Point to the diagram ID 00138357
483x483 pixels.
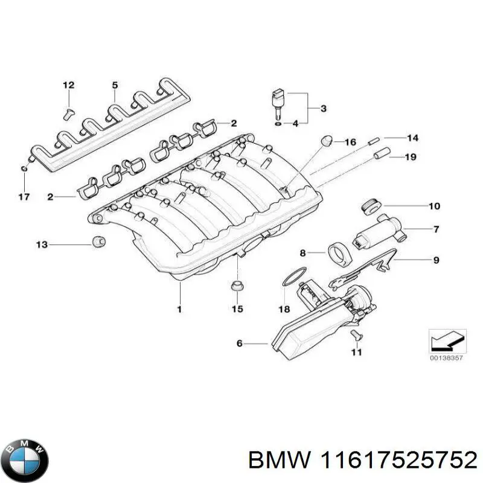click(447, 358)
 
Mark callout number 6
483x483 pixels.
click(239, 344)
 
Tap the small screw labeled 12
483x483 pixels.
click(68, 110)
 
